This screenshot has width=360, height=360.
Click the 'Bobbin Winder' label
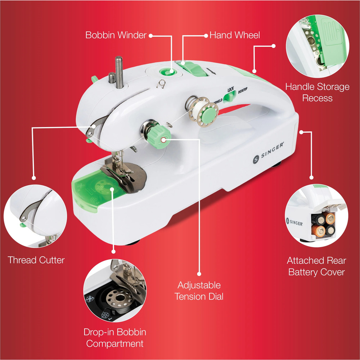point(116,35)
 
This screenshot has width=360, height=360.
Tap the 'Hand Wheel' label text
point(234,35)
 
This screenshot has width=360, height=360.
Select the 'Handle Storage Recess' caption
point(317,92)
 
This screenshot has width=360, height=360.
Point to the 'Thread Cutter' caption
point(36,260)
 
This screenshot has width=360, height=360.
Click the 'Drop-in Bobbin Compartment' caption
point(114,337)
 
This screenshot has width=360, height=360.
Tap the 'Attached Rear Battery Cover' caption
point(316,266)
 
